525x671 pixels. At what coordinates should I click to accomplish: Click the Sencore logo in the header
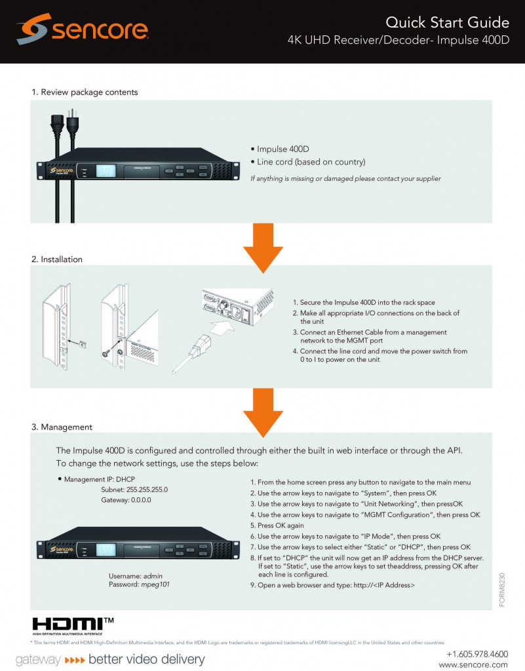[x=83, y=29]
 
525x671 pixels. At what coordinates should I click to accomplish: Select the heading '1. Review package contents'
[x=85, y=92]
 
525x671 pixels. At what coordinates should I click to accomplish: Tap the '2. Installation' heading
[x=57, y=259]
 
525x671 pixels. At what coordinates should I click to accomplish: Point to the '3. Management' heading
[x=62, y=427]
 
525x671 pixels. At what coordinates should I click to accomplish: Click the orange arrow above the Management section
[x=263, y=410]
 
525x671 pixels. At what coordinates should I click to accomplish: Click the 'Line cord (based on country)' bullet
[x=311, y=162]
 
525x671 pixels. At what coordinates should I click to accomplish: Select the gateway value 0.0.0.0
[x=135, y=500]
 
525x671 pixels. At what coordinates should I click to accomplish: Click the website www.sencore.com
[x=473, y=664]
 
